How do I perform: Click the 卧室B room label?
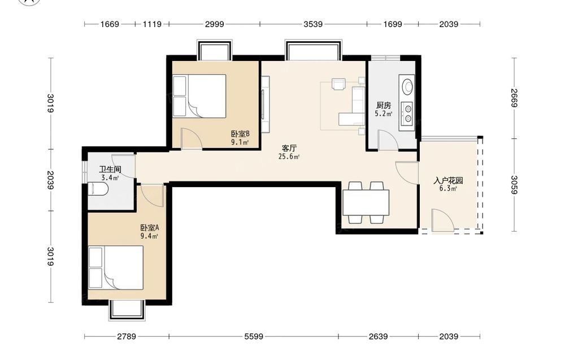(240, 134)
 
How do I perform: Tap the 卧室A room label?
(150, 228)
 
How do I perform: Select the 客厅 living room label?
(289, 148)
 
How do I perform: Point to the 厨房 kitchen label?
(384, 105)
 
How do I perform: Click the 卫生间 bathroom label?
(110, 170)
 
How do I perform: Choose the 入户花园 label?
(448, 180)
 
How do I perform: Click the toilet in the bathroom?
(98, 189)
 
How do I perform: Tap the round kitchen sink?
(408, 86)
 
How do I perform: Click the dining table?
(366, 202)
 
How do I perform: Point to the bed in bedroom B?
(199, 96)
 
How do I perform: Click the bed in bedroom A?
(116, 267)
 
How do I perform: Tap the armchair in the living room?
(338, 84)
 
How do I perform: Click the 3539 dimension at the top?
(313, 24)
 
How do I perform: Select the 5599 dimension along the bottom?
(254, 337)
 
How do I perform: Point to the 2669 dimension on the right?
(514, 98)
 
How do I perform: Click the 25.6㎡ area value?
(289, 157)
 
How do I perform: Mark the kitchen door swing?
(388, 140)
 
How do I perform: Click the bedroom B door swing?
(192, 138)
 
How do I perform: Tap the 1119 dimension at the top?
(151, 24)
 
